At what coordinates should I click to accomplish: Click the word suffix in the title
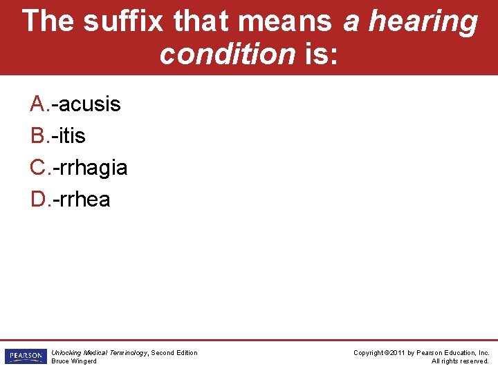click(124, 21)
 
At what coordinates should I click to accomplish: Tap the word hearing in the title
click(423, 22)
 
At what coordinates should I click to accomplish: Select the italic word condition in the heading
click(227, 53)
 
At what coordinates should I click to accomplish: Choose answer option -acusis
click(89, 104)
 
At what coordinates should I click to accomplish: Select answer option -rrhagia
click(92, 168)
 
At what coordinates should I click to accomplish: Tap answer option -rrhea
click(83, 200)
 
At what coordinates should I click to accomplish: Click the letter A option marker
click(39, 104)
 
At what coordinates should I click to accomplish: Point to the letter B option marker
click(39, 136)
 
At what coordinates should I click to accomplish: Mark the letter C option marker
click(39, 168)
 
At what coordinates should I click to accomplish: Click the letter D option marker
click(39, 200)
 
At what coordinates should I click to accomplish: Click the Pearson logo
click(25, 356)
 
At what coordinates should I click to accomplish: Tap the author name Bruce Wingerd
click(74, 361)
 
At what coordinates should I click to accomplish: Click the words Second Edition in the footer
click(174, 353)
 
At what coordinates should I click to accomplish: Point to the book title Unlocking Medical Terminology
click(99, 353)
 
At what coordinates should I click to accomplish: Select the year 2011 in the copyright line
click(396, 353)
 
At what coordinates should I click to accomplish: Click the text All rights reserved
click(460, 361)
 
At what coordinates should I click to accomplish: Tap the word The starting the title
click(48, 21)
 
